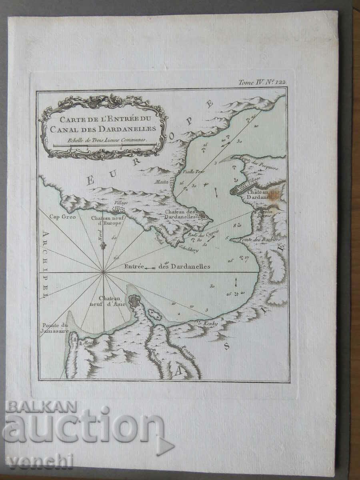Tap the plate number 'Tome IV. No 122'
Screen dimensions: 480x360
click(262, 82)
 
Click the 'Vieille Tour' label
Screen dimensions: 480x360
click(194, 172)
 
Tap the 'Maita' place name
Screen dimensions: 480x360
click(161, 182)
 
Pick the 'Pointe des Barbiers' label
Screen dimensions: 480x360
click(260, 239)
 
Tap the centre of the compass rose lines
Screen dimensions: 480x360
click(104, 272)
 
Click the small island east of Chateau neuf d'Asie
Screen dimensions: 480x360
click(154, 315)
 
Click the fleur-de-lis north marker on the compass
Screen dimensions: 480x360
click(103, 245)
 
